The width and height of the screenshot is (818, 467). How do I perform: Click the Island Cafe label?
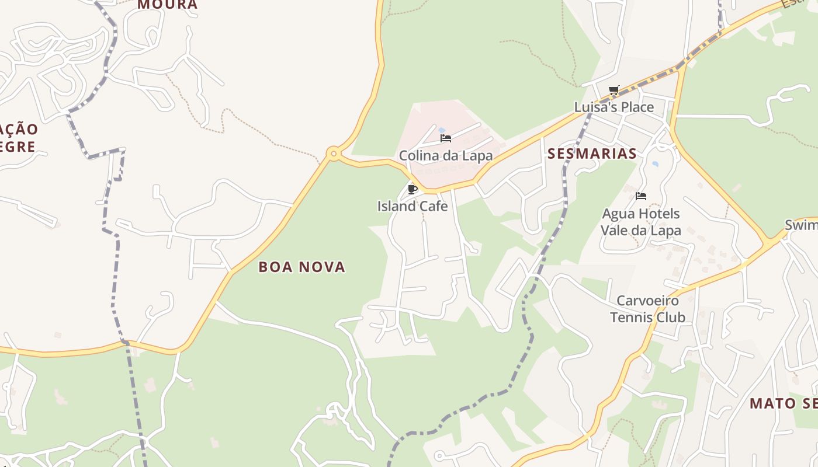pyautogui.click(x=413, y=206)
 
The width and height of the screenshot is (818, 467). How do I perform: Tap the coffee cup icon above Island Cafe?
pyautogui.click(x=412, y=189)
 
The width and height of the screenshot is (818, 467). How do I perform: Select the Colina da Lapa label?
pyautogui.click(x=446, y=156)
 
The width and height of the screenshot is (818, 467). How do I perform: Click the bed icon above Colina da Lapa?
pyautogui.click(x=446, y=138)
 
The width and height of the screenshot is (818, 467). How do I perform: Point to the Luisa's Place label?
pyautogui.click(x=614, y=107)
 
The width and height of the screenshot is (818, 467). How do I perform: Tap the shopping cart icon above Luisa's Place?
pyautogui.click(x=613, y=90)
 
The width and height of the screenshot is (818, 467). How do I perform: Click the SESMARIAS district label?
pyautogui.click(x=592, y=154)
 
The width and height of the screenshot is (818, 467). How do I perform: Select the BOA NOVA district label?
pyautogui.click(x=302, y=267)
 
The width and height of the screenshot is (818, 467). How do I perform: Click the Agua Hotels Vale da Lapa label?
pyautogui.click(x=641, y=222)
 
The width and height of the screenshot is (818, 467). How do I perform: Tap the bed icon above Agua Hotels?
pyautogui.click(x=641, y=196)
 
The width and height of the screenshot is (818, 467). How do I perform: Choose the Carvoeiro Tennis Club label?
pyautogui.click(x=648, y=309)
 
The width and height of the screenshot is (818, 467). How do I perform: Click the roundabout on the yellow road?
pyautogui.click(x=334, y=154)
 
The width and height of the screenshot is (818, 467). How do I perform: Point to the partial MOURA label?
pyautogui.click(x=168, y=5)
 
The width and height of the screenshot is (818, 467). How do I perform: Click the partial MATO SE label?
pyautogui.click(x=783, y=403)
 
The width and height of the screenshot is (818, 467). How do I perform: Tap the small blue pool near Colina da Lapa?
pyautogui.click(x=442, y=130)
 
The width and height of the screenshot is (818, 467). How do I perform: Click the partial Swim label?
pyautogui.click(x=801, y=225)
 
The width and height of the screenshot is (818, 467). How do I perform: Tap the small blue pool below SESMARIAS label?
pyautogui.click(x=655, y=164)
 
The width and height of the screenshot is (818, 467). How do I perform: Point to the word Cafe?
pyautogui.click(x=433, y=206)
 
